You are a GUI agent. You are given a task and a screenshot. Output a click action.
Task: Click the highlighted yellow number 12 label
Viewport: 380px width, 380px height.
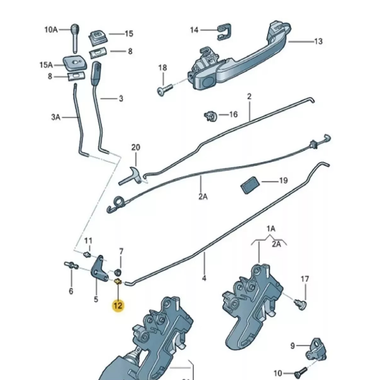coord(118,306)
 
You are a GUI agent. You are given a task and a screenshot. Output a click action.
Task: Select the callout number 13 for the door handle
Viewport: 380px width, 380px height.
coord(318,41)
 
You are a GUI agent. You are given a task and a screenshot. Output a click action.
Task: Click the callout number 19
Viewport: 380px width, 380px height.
coord(283,181)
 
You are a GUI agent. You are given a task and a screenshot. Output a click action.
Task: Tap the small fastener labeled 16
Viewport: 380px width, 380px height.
coord(210,116)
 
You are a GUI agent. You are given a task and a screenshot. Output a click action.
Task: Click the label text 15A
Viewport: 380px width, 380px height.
coord(46,65)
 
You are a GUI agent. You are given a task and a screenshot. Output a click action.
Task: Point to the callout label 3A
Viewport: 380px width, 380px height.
coord(56,117)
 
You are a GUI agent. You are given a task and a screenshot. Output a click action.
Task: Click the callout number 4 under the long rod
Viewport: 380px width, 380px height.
coord(204,278)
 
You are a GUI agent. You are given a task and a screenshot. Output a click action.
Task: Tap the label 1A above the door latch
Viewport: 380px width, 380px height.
coord(271,229)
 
